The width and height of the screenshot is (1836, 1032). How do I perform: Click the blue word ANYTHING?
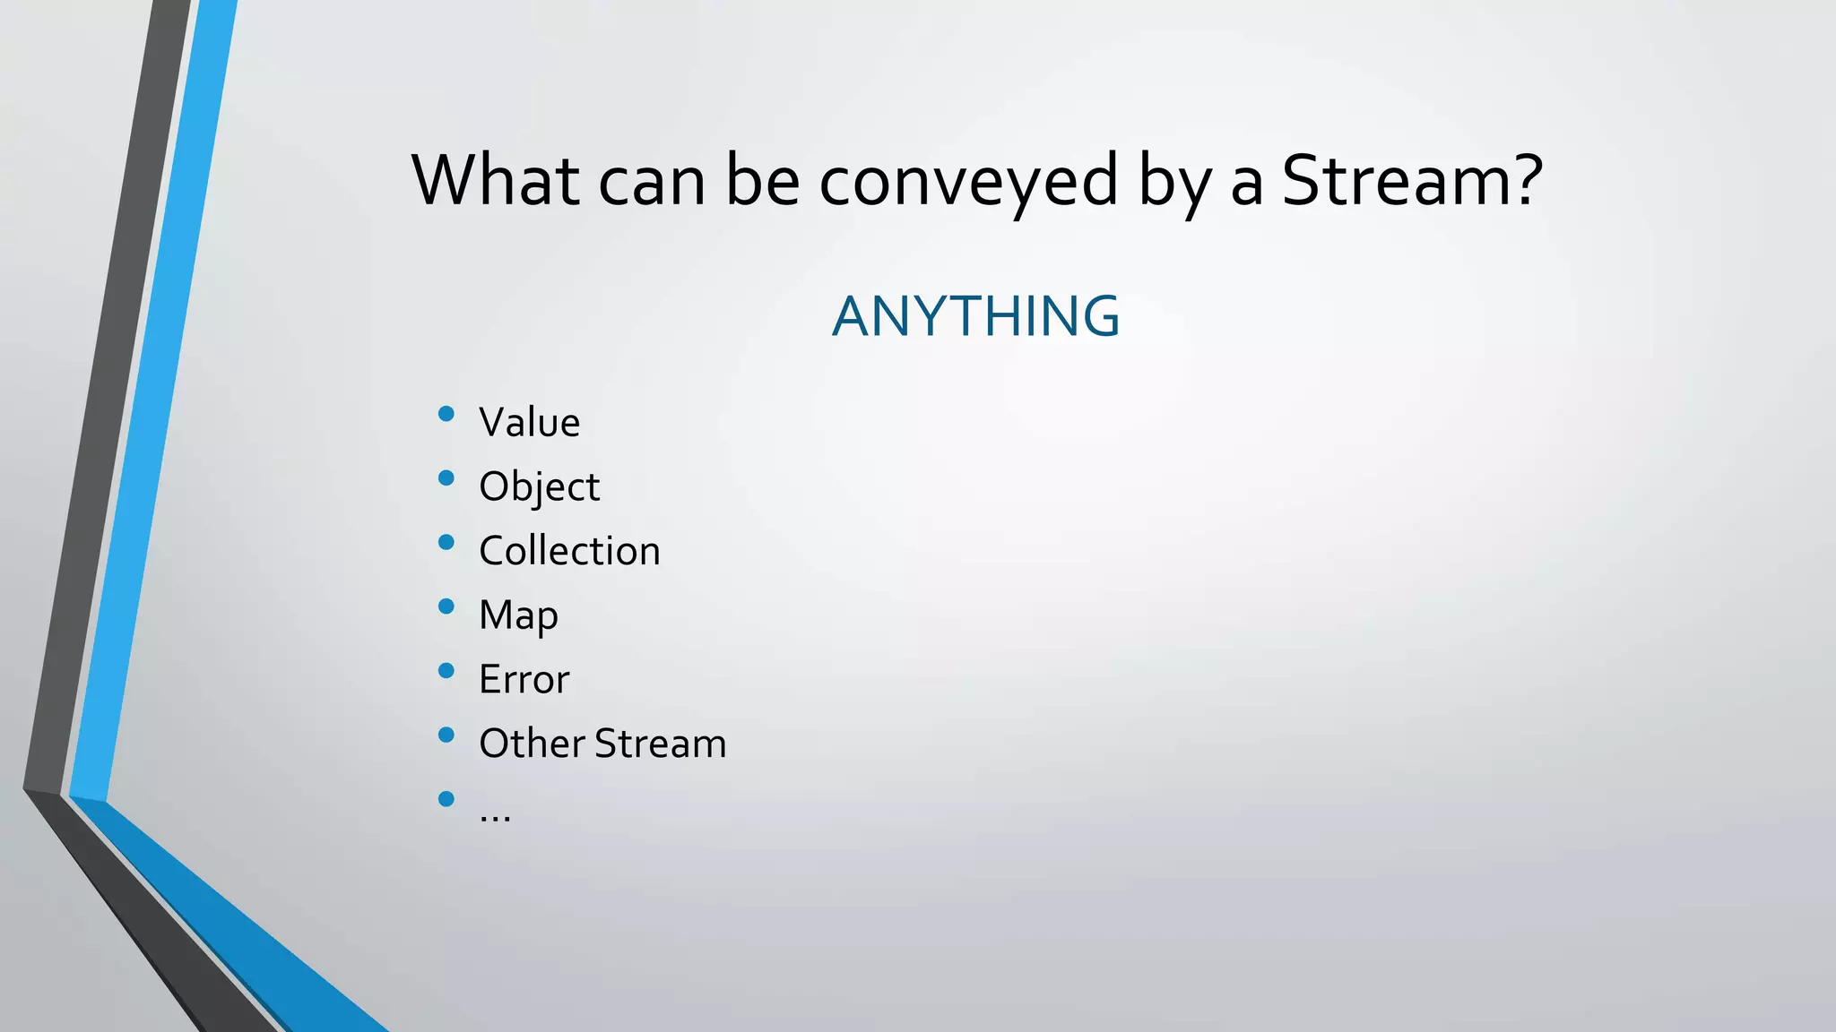point(975,316)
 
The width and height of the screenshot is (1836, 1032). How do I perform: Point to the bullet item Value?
point(529,422)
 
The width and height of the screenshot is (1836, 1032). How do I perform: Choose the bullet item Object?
point(539,486)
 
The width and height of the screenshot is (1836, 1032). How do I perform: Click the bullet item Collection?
point(569,551)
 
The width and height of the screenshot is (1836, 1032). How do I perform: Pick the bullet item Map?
point(518,615)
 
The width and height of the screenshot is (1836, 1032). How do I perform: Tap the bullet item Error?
point(524,679)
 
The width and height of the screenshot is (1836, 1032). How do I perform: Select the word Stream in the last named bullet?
point(660,744)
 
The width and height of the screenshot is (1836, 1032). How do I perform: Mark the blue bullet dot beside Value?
point(446,414)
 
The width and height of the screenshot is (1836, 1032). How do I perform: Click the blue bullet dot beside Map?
point(446,606)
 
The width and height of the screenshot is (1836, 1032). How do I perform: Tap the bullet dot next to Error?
point(446,671)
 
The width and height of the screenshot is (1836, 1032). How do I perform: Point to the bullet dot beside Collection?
point(446,542)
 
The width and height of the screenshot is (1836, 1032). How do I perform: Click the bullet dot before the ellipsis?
point(446,799)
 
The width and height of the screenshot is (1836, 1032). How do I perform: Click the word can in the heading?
point(652,182)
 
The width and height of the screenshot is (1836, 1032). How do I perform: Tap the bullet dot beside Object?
point(446,477)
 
